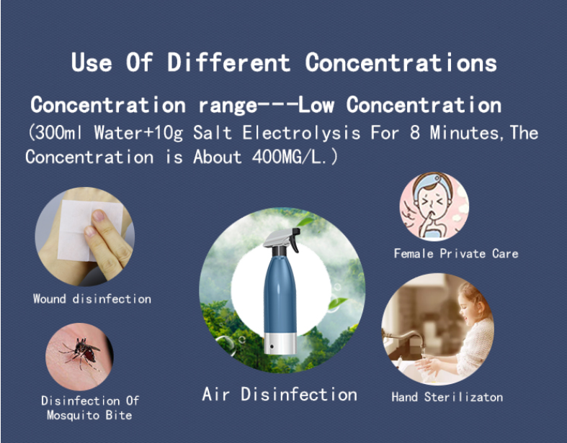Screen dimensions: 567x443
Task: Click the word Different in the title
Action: click(x=228, y=62)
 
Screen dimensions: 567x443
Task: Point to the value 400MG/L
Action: click(x=287, y=157)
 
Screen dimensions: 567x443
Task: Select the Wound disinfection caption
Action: click(x=91, y=299)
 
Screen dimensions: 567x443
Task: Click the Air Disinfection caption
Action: click(x=280, y=394)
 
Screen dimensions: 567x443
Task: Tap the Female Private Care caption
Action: click(x=456, y=253)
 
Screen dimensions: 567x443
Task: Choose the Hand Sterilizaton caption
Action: click(x=447, y=397)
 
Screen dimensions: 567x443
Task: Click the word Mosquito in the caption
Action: click(x=73, y=415)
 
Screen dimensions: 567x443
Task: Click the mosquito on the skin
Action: click(x=81, y=352)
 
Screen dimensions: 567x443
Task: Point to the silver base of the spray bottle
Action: click(x=280, y=343)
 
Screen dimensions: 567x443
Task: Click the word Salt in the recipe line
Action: click(x=213, y=132)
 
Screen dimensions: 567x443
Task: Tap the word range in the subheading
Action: click(x=228, y=106)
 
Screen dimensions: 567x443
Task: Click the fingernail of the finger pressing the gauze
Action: click(x=99, y=216)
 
